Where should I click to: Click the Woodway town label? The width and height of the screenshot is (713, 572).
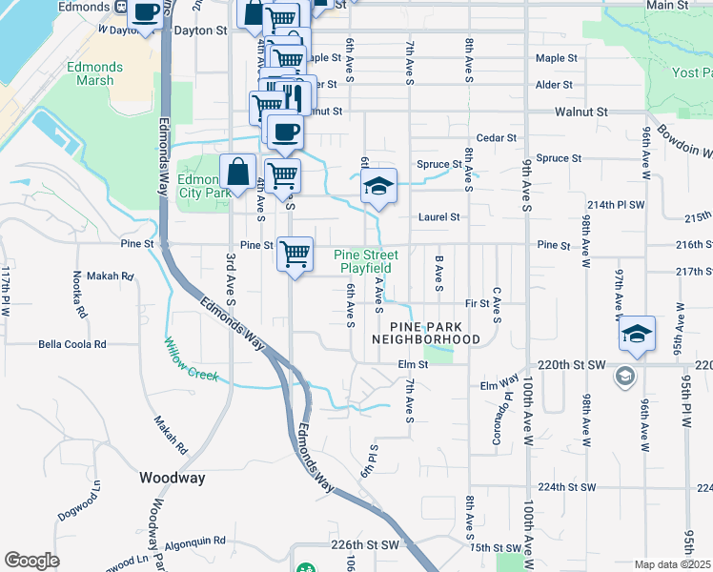point(172,478)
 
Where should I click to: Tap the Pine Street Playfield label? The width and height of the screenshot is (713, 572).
point(366,261)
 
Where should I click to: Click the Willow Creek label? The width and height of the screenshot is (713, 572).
point(191,360)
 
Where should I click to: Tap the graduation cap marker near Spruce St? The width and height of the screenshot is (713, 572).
point(378,186)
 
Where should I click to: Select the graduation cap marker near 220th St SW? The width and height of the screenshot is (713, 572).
point(637,334)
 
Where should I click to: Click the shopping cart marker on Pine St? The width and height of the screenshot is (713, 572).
point(295,254)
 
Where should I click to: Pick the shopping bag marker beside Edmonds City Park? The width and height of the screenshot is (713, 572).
point(238,174)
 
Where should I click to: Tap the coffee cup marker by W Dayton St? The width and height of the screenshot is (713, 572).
point(145,13)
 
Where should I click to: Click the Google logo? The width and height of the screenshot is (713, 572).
point(31,561)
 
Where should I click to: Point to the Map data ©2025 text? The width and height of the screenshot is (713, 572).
point(672,564)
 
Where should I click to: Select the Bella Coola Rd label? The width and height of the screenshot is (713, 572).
point(71,344)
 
